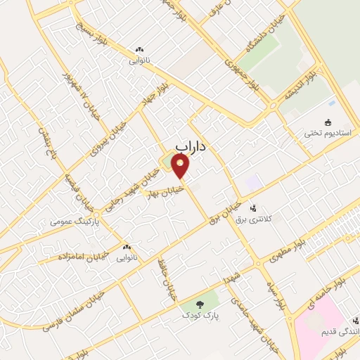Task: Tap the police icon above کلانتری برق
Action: pos(253,207)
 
